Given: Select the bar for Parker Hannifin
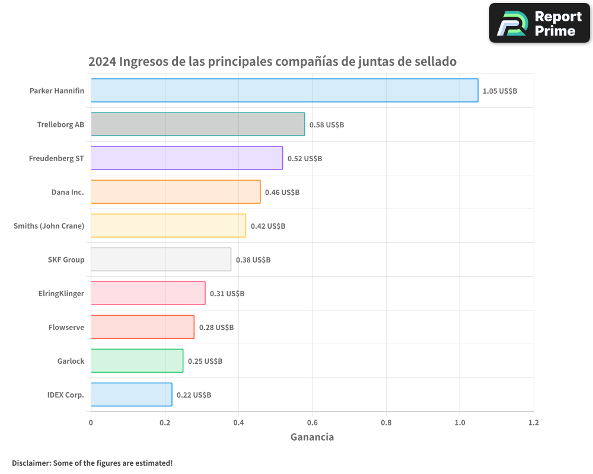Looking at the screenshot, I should (x=284, y=91).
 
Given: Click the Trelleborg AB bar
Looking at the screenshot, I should (x=197, y=124).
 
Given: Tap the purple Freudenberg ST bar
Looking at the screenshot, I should (x=187, y=158).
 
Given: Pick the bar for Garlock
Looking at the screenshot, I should (x=137, y=361).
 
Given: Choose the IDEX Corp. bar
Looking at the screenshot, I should (x=131, y=395).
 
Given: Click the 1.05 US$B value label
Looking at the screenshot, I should (x=500, y=91).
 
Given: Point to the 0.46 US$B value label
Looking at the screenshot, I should (x=282, y=193).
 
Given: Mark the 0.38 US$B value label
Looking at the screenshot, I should (x=253, y=260).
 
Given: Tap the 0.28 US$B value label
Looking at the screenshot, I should (x=216, y=328).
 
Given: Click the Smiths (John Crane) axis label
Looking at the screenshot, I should (x=49, y=226).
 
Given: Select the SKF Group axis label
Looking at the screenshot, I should (x=66, y=260).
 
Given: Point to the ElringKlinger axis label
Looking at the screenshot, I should (x=61, y=293).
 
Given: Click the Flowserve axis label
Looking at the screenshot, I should (x=66, y=327).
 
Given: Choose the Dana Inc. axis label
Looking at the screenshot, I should (x=68, y=192).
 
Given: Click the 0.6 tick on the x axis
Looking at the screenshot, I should (x=312, y=423).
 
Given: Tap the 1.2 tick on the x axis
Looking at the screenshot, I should (x=534, y=423).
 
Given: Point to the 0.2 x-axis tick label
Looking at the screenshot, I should (x=165, y=423).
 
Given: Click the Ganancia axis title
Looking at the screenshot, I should (x=312, y=437).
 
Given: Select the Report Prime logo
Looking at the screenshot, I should (x=540, y=23).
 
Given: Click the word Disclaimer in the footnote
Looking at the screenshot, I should (x=30, y=463).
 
